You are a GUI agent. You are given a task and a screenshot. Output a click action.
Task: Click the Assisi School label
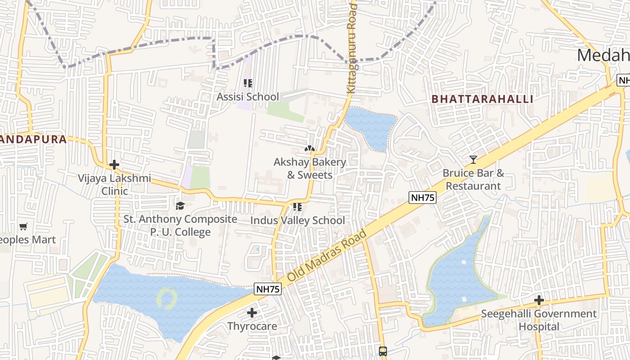click(x=247, y=97)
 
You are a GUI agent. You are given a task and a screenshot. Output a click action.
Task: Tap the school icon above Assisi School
click(x=247, y=83)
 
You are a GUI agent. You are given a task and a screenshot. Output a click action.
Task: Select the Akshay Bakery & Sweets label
click(x=310, y=168)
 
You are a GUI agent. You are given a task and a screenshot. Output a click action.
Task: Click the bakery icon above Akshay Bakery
click(x=309, y=148)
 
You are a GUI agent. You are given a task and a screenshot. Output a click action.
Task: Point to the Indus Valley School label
click(x=297, y=220)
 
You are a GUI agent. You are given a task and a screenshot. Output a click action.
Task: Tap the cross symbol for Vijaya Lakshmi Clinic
click(x=114, y=165)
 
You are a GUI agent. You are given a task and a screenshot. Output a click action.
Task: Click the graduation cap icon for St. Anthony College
click(x=180, y=206)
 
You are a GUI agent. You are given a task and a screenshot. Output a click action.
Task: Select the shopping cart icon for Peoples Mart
click(x=23, y=227)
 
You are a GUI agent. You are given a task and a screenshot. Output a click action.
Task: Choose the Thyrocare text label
click(x=252, y=326)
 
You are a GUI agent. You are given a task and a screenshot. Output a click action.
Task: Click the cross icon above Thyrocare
click(x=252, y=312)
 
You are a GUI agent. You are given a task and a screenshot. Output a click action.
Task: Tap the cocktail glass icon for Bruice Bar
click(x=473, y=160)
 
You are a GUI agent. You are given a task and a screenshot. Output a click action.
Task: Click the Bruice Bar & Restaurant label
click(x=473, y=180)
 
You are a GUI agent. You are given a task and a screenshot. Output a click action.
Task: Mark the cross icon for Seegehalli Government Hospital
click(x=539, y=300)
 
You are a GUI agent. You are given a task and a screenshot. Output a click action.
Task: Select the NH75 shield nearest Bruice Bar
click(x=423, y=198)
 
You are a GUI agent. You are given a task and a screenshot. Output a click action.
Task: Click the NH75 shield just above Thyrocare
click(x=268, y=289)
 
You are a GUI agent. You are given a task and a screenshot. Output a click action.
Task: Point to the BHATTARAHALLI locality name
click(x=482, y=99)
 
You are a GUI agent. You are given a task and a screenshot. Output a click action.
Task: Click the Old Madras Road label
click(x=327, y=255)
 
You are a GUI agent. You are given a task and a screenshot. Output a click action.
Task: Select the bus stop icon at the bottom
click(x=382, y=351)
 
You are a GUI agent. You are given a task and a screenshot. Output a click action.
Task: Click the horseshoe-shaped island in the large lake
click(x=166, y=298)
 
